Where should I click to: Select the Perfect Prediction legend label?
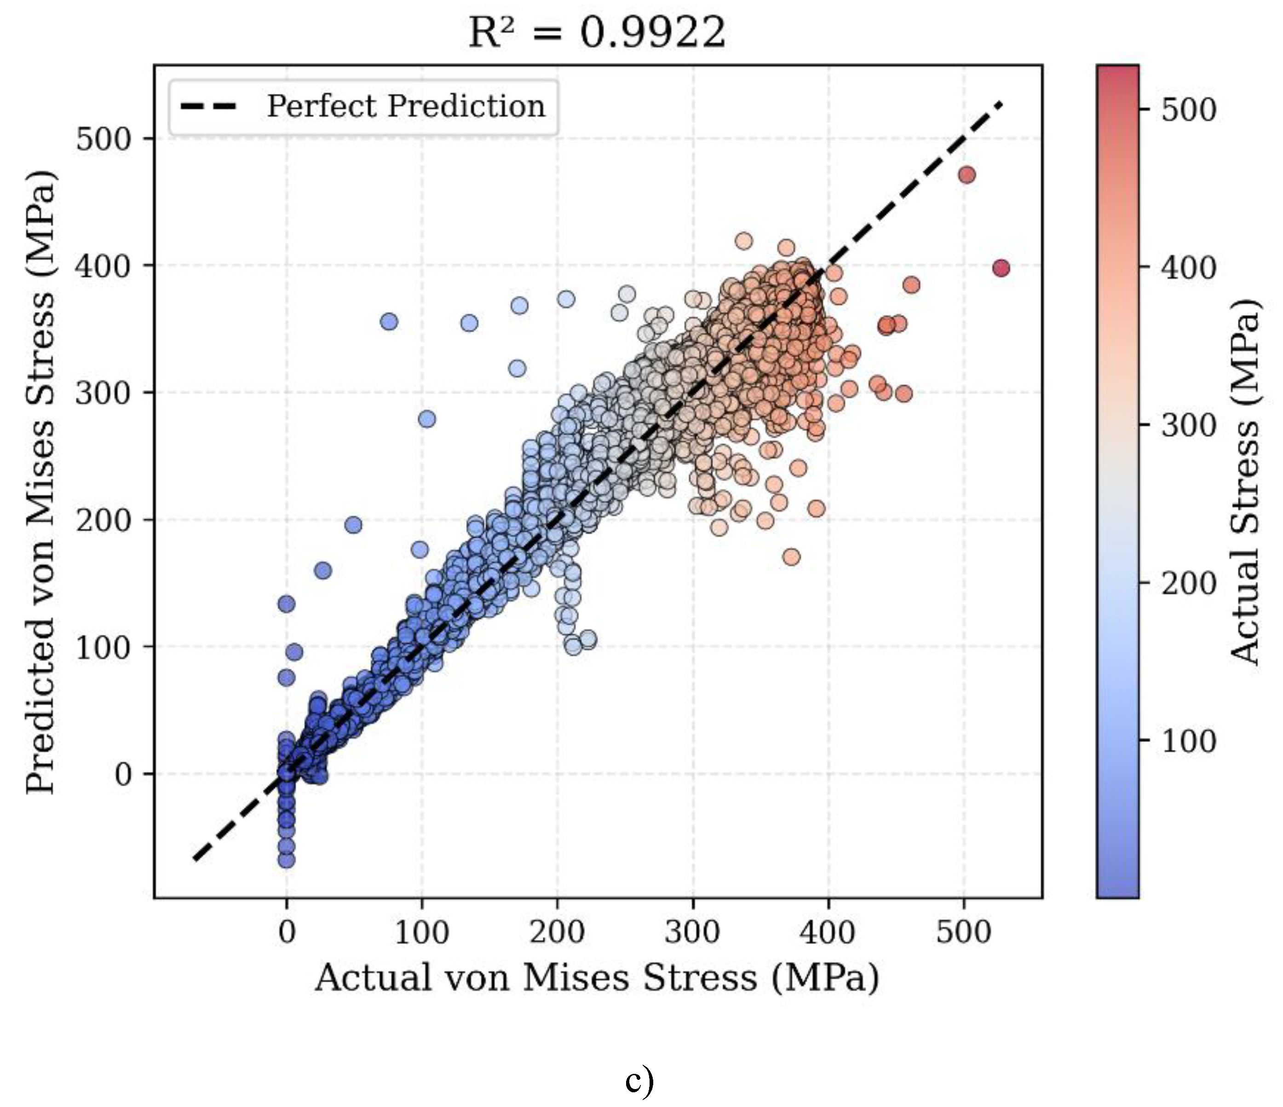tap(406, 106)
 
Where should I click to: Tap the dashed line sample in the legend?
tap(209, 106)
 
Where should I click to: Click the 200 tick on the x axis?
tap(557, 931)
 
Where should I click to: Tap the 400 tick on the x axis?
tap(828, 931)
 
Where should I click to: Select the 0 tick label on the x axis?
tap(287, 931)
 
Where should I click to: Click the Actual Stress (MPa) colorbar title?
tap(1245, 482)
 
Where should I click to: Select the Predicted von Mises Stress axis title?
tap(41, 481)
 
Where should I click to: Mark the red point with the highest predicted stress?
tap(967, 175)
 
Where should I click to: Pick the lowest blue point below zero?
tap(286, 860)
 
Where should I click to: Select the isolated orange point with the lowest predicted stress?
tap(791, 557)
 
